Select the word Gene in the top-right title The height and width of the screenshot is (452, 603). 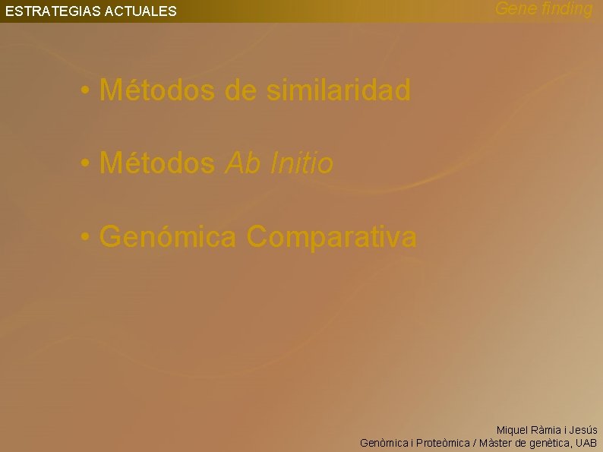click(x=512, y=9)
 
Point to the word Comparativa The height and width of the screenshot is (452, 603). click(x=332, y=237)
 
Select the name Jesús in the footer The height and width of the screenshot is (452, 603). click(x=582, y=430)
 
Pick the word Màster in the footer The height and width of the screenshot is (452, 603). click(x=498, y=443)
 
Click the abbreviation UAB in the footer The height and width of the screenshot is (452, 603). click(x=586, y=443)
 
